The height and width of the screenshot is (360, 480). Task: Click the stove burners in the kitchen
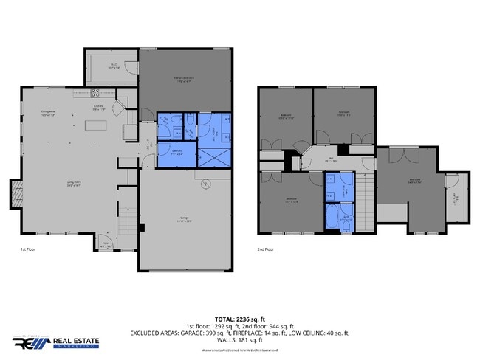[x=95, y=93]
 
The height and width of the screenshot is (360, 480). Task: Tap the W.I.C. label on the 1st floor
[x=114, y=66]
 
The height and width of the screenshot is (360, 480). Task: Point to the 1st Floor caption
[x=29, y=250]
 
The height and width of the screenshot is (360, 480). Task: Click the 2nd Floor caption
[x=266, y=250]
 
